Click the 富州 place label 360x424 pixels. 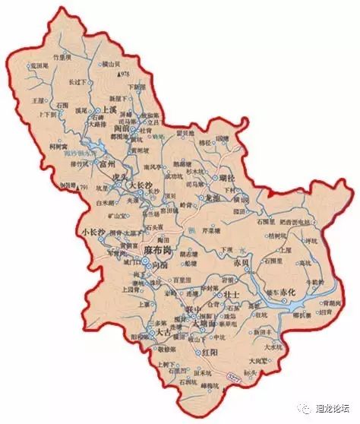pyautogui.click(x=100, y=163)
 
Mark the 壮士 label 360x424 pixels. pyautogui.click(x=231, y=293)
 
